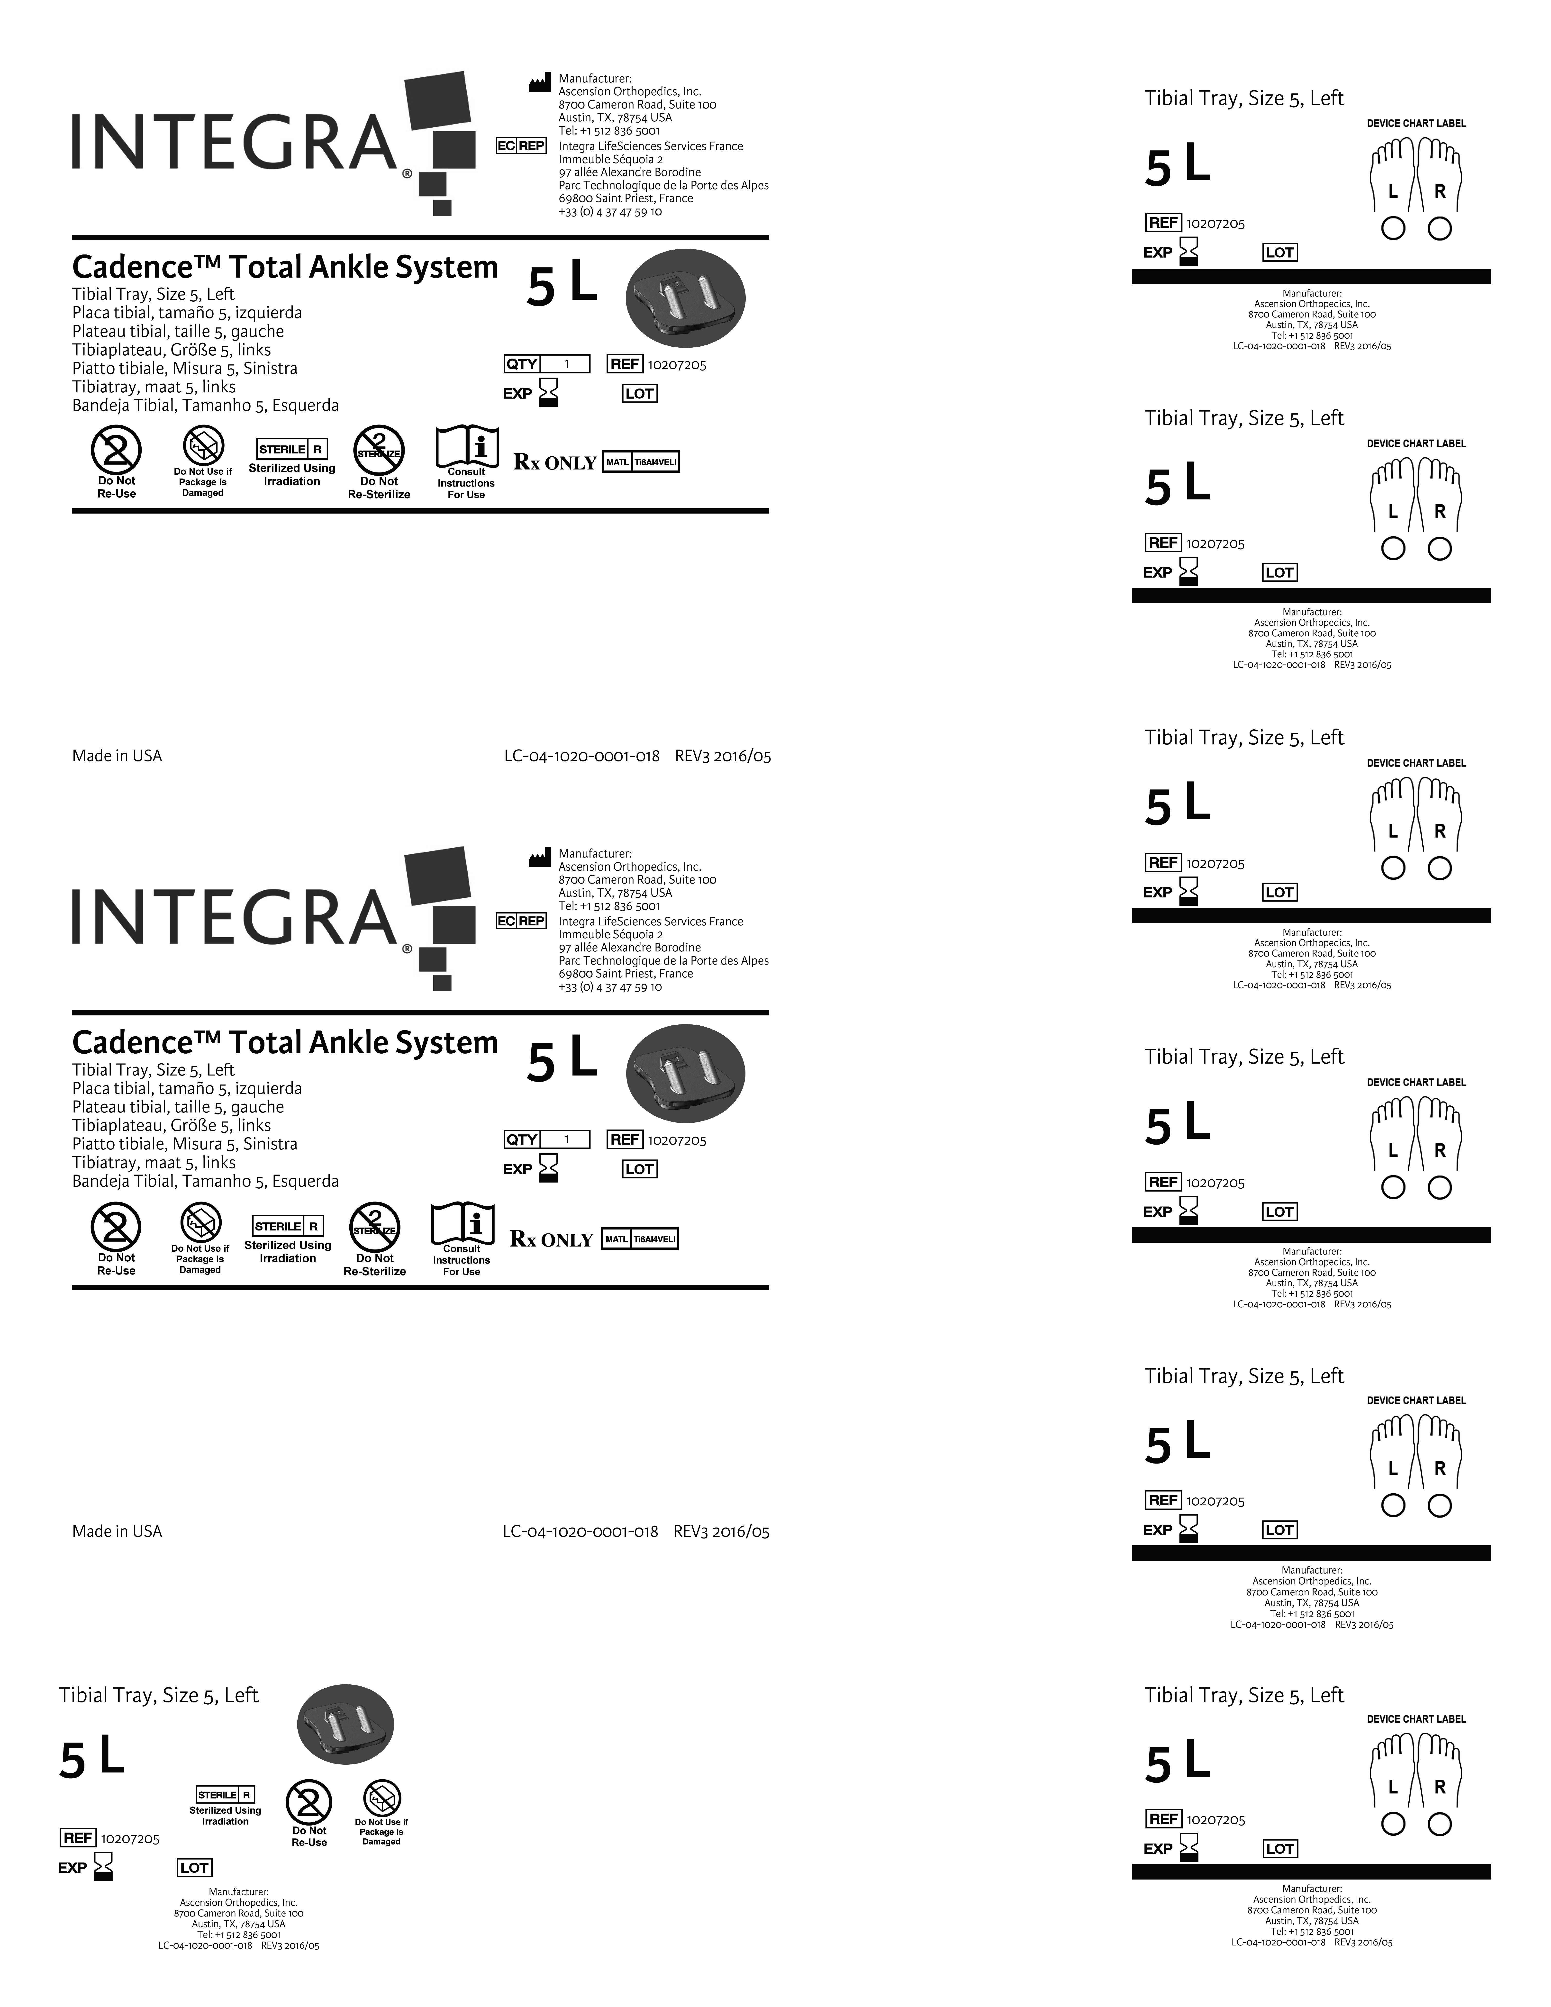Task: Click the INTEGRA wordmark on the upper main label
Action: click(234, 143)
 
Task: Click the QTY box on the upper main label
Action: click(547, 364)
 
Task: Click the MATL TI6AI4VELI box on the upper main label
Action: click(640, 462)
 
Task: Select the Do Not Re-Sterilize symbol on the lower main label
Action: click(375, 1227)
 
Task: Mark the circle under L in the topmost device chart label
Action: click(1393, 228)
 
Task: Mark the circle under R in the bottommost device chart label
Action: click(1440, 1824)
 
